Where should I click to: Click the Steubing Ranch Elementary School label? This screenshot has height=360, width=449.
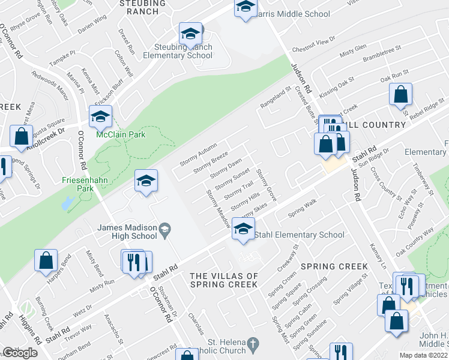tap(178, 51)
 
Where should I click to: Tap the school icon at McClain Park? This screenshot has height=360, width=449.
tap(101, 116)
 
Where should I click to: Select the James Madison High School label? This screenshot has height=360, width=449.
tap(127, 232)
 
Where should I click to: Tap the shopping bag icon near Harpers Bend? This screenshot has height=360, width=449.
tap(46, 261)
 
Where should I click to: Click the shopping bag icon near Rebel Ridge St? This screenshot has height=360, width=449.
tap(400, 95)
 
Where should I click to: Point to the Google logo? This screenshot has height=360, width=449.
tap(20, 353)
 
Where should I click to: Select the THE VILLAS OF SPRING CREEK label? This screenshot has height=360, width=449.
tap(224, 280)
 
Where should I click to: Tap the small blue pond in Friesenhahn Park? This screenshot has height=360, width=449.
tap(65, 204)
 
